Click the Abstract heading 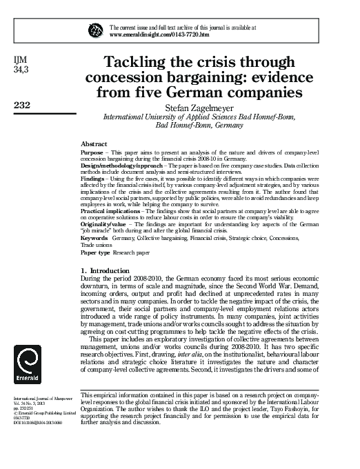(x=94, y=143)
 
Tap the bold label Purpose (x=92, y=152)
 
